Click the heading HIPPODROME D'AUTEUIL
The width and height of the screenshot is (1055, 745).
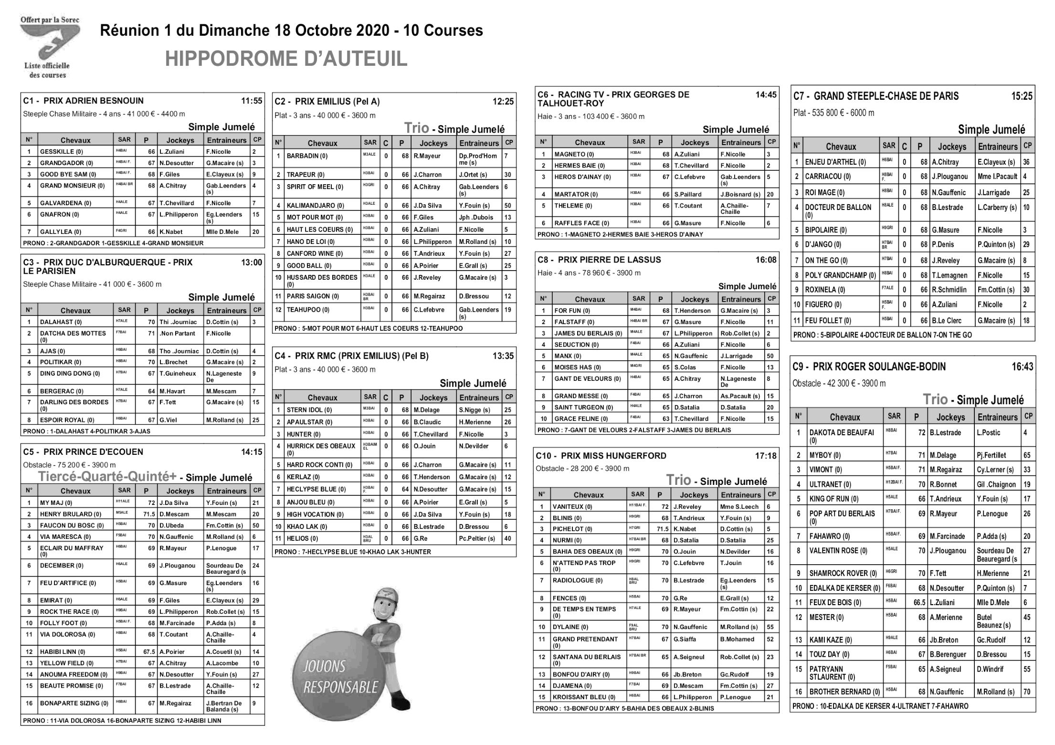(x=286, y=59)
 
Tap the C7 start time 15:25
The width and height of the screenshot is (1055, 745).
(x=1022, y=96)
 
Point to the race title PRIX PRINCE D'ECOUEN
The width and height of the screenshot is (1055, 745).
(x=93, y=452)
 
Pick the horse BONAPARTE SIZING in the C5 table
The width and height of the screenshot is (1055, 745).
(x=74, y=703)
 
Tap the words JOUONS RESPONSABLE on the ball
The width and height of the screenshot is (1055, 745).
(x=340, y=677)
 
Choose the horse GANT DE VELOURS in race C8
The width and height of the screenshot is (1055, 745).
(x=588, y=379)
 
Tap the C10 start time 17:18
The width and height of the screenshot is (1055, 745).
(x=766, y=456)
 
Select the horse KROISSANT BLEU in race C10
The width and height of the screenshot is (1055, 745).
(x=580, y=697)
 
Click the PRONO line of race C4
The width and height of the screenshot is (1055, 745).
(x=352, y=552)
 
